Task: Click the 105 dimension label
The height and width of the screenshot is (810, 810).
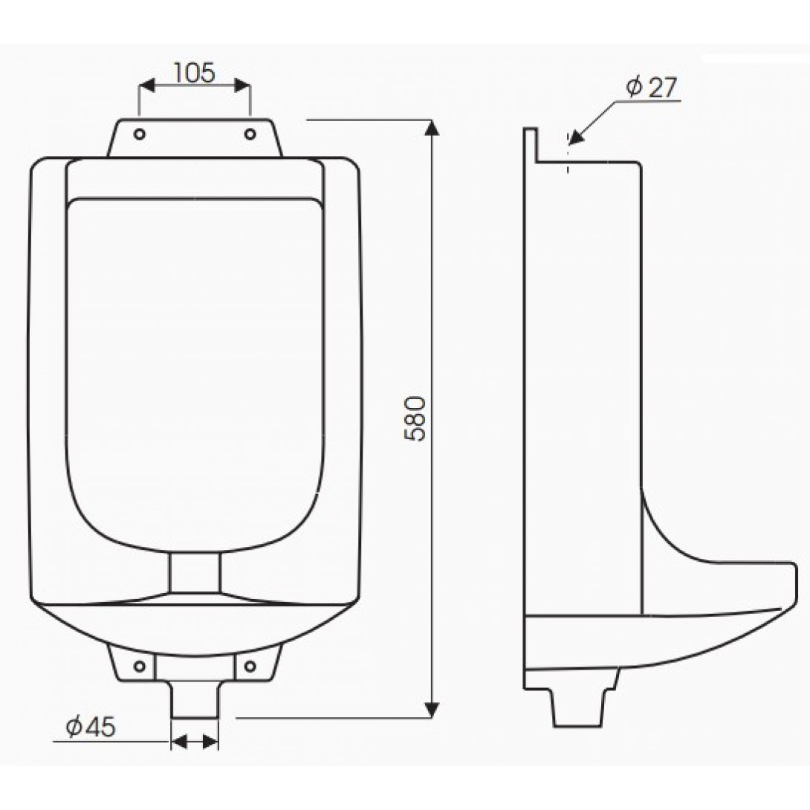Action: pyautogui.click(x=194, y=72)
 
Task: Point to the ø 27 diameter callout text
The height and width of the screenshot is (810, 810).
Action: pyautogui.click(x=652, y=88)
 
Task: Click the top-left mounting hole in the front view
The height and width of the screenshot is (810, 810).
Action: pyautogui.click(x=139, y=134)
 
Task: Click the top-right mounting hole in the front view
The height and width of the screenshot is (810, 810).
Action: pyautogui.click(x=250, y=134)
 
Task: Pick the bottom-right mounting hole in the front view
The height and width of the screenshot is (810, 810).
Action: pyautogui.click(x=250, y=663)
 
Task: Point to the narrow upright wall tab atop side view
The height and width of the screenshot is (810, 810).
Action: pyautogui.click(x=530, y=145)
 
